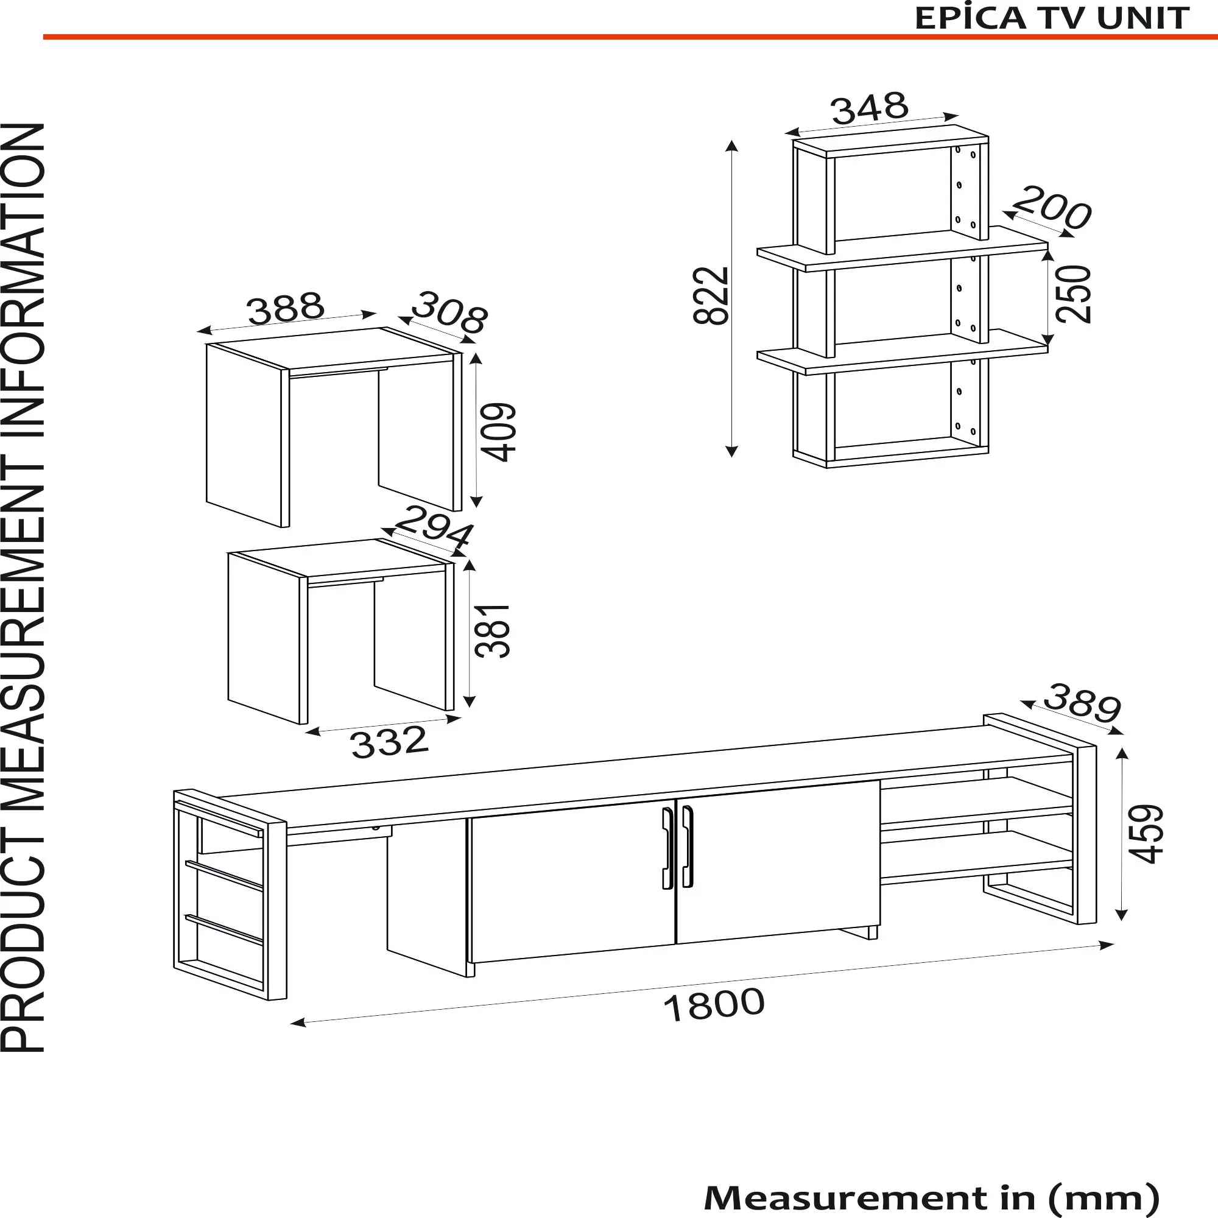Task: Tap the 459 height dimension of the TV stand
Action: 1144,834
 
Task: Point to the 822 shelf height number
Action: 711,296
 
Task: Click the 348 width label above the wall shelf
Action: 870,109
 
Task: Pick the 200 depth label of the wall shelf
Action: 1052,208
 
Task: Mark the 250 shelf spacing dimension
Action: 1073,294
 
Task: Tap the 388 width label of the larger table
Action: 286,308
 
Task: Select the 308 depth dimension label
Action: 449,312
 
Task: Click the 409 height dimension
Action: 499,432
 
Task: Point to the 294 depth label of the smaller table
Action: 433,527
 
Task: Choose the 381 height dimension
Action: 492,631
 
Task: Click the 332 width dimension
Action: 390,742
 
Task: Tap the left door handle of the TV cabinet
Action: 667,848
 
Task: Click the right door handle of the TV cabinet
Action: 687,846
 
